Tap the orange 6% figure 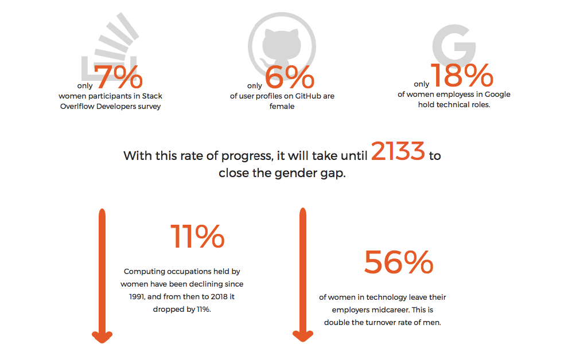click(290, 78)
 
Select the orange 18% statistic click(462, 76)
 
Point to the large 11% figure click(197, 236)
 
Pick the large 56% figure click(399, 263)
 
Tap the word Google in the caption click(497, 95)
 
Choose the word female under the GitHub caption click(282, 106)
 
